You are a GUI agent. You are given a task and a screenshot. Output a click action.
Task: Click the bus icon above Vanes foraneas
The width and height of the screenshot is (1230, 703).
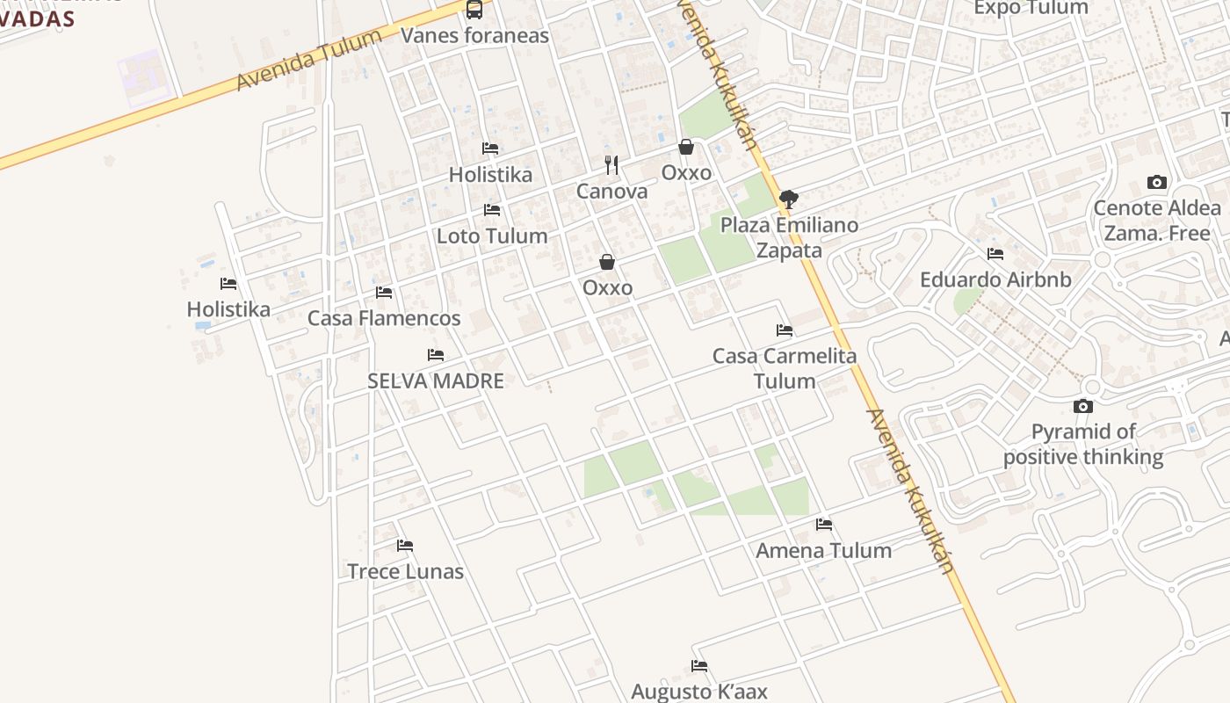[474, 10]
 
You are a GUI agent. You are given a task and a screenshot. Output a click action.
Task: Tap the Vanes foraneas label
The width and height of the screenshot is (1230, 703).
[474, 35]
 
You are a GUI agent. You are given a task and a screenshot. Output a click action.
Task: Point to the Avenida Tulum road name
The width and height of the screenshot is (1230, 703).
[309, 59]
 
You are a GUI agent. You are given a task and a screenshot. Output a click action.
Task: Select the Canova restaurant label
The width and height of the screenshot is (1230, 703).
[611, 191]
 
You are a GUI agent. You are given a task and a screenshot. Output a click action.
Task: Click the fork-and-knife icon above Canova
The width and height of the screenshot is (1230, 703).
[611, 165]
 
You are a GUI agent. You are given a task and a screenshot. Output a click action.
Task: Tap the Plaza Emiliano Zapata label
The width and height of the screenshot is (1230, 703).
[789, 237]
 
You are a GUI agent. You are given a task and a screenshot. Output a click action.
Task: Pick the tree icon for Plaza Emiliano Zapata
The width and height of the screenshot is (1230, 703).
[789, 199]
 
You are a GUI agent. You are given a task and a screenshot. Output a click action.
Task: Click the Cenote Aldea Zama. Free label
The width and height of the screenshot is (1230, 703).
[1156, 221]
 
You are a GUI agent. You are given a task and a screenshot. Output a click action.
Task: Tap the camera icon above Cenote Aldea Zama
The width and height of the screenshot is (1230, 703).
[1157, 183]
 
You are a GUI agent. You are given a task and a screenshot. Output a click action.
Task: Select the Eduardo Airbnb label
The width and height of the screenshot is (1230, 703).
[995, 279]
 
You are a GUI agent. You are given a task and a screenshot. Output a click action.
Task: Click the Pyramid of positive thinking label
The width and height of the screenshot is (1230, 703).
[1083, 444]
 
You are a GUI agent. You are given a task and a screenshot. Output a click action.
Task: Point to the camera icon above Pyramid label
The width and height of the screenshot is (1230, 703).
[1083, 406]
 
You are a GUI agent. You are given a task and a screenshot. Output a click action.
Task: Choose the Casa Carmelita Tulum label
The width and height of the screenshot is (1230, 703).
[785, 368]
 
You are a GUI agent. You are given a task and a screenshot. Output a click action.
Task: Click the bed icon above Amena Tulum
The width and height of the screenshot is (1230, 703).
[824, 525]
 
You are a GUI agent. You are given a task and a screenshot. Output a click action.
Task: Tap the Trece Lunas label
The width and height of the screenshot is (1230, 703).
[405, 571]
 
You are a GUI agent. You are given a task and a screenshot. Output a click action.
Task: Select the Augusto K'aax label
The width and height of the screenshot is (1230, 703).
[699, 692]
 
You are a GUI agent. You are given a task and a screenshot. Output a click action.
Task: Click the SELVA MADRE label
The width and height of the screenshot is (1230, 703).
[436, 380]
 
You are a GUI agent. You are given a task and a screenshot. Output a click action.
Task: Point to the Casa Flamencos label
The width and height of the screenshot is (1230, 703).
[384, 318]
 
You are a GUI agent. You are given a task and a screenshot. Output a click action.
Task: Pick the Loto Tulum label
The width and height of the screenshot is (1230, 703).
[492, 236]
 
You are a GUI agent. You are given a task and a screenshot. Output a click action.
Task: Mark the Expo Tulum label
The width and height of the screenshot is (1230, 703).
[1031, 8]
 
